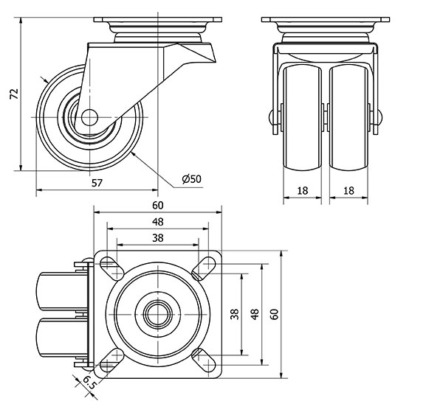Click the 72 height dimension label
(x=14, y=94)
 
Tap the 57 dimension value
(x=97, y=183)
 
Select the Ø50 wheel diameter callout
(x=192, y=179)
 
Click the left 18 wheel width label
(x=302, y=191)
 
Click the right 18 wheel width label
(x=348, y=191)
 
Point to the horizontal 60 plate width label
(x=158, y=206)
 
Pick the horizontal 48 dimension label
(x=158, y=222)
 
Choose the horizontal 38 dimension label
(x=158, y=238)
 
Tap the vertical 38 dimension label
(x=235, y=314)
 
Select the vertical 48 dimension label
(x=255, y=314)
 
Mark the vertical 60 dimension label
(x=274, y=314)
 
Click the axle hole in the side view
(x=89, y=117)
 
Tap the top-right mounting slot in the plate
(x=204, y=269)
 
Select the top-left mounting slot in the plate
(x=112, y=269)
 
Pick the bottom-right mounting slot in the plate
(x=204, y=360)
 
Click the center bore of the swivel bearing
(x=158, y=314)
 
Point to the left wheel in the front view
(x=302, y=118)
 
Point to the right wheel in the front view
(x=348, y=118)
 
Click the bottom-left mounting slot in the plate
(x=112, y=360)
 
